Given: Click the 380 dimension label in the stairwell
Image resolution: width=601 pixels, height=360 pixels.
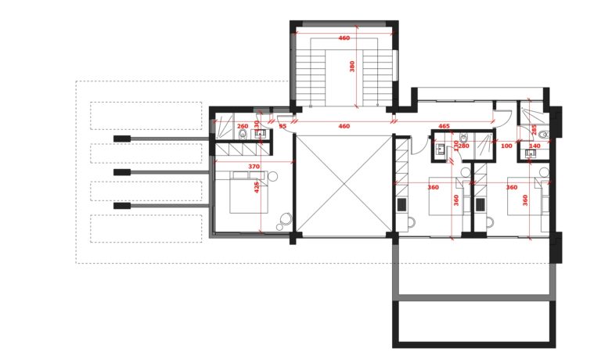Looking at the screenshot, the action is pyautogui.click(x=352, y=67).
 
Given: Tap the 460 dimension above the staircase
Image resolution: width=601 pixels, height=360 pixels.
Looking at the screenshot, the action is pyautogui.click(x=344, y=38).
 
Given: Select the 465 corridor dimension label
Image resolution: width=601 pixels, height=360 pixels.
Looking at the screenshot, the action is pyautogui.click(x=444, y=126).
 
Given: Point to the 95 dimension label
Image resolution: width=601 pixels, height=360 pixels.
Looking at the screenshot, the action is pyautogui.click(x=283, y=126).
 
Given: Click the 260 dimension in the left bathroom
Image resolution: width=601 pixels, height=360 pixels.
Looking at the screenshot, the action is pyautogui.click(x=243, y=126).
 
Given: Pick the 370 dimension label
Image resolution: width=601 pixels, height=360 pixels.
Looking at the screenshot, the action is pyautogui.click(x=254, y=167).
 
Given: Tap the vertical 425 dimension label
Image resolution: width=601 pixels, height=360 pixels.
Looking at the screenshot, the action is pyautogui.click(x=257, y=187).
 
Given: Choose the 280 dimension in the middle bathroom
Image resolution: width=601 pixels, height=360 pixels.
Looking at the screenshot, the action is pyautogui.click(x=464, y=146).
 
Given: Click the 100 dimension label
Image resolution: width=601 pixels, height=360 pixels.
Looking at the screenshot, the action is pyautogui.click(x=506, y=146).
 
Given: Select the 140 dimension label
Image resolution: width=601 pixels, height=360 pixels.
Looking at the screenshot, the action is pyautogui.click(x=534, y=146).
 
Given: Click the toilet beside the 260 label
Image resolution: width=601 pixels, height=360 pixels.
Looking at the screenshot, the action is pyautogui.click(x=243, y=134).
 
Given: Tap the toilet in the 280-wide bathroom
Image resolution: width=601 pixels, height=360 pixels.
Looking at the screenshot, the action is pyautogui.click(x=464, y=137).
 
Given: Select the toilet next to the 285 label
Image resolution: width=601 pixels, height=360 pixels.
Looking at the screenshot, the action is pyautogui.click(x=544, y=135).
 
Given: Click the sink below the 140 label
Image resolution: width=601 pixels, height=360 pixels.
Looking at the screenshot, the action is pyautogui.click(x=531, y=153).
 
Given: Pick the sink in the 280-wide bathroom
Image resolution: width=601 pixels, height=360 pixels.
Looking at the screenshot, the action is pyautogui.click(x=440, y=149).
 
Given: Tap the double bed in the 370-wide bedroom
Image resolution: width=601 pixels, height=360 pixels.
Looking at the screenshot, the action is pyautogui.click(x=247, y=193).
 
